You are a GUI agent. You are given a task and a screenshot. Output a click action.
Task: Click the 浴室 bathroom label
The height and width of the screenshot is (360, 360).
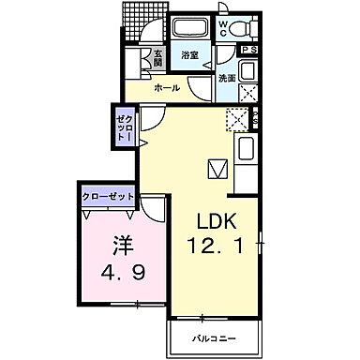coord(189,55)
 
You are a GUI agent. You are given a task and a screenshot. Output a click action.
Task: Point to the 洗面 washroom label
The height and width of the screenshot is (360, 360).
coord(226,79)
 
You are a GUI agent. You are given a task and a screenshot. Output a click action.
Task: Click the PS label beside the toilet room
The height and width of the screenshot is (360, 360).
coord(249,50)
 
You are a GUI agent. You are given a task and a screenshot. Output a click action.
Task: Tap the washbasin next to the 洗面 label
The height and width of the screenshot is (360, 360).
coord(247,71)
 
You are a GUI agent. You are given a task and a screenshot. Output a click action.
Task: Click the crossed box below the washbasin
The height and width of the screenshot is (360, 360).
coord(249,94)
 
